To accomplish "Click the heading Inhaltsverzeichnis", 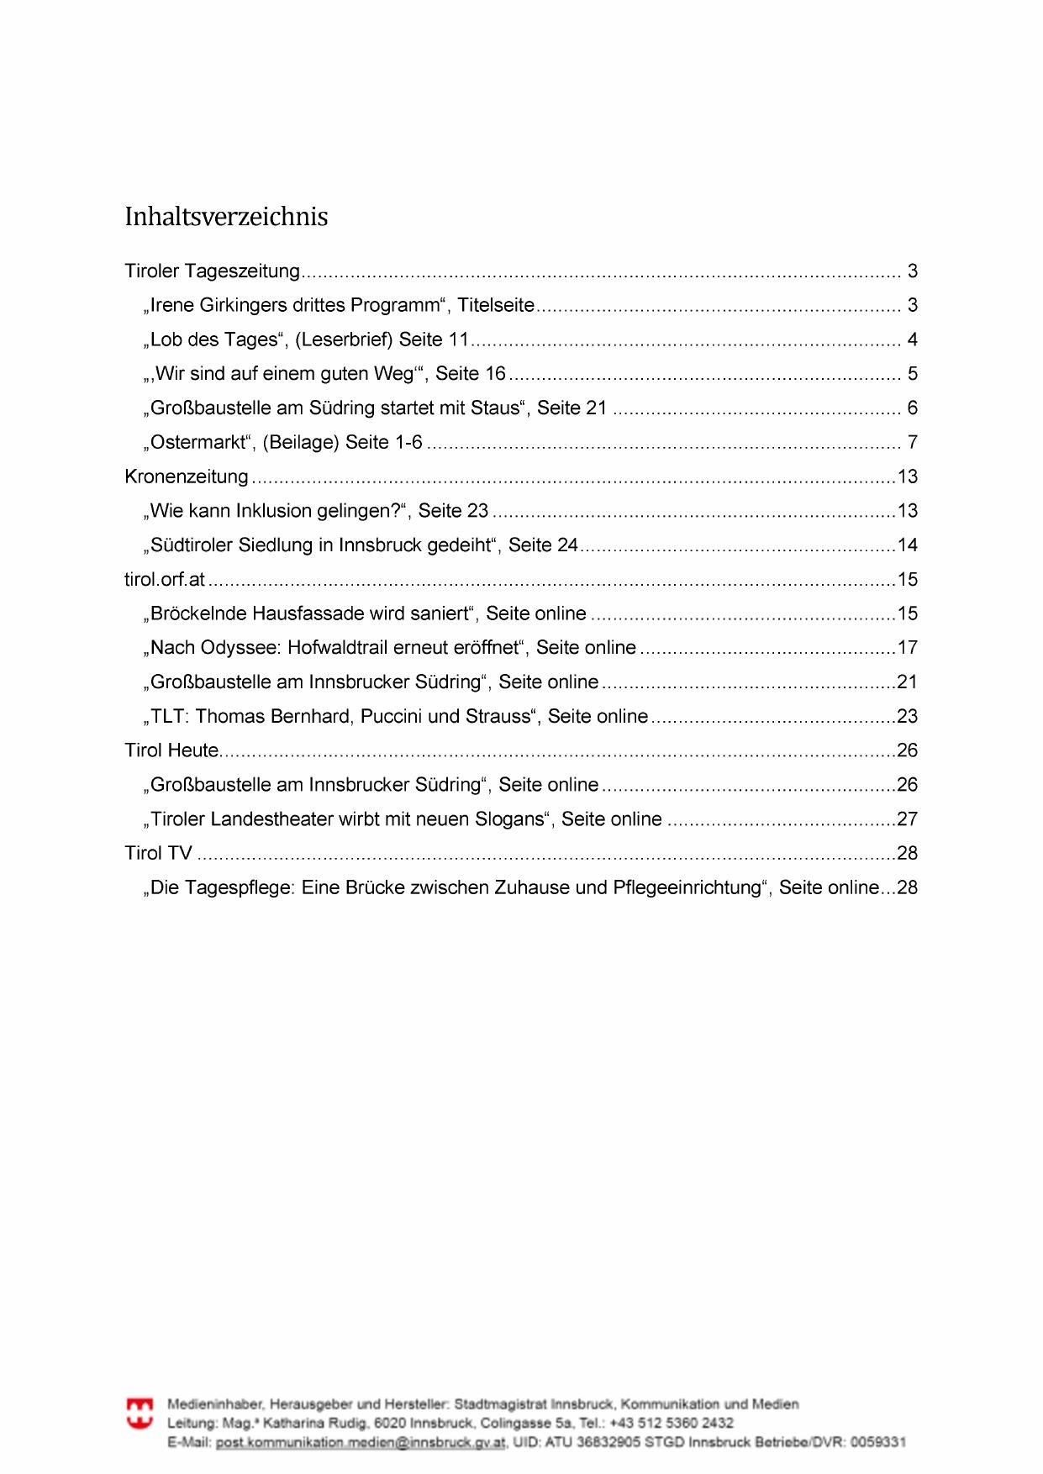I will click(x=226, y=217).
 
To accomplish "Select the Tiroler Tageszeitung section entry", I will click(x=212, y=271).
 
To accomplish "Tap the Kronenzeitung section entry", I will click(x=187, y=476).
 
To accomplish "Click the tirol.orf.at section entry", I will click(x=165, y=580).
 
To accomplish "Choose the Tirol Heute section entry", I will click(x=171, y=750).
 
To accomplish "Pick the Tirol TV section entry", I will click(x=159, y=853).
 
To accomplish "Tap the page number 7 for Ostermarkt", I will click(x=912, y=442).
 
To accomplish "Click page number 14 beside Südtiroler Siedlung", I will click(x=908, y=545).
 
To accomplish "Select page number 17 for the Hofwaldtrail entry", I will click(x=908, y=648).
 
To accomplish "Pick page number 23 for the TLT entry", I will click(x=908, y=717).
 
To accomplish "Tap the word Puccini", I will click(x=392, y=717).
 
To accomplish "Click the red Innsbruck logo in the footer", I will click(x=140, y=1413).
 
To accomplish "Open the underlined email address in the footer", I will click(x=361, y=1442).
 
